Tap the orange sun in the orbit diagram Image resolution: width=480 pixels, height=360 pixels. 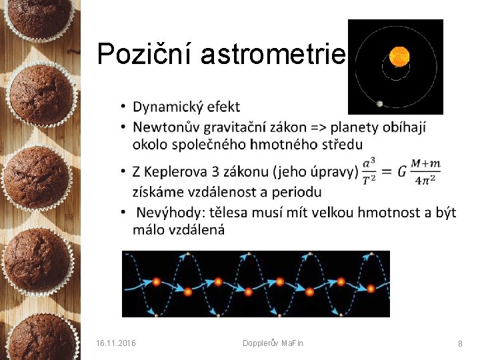[x=399, y=55]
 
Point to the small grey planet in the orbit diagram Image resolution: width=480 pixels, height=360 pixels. [x=380, y=103]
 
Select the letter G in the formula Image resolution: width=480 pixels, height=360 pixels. [x=401, y=171]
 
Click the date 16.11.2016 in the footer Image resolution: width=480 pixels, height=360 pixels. [x=116, y=343]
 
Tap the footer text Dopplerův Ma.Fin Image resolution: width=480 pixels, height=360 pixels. [x=273, y=343]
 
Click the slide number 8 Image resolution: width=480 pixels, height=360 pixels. [x=460, y=343]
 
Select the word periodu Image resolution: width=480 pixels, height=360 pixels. [x=296, y=192]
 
